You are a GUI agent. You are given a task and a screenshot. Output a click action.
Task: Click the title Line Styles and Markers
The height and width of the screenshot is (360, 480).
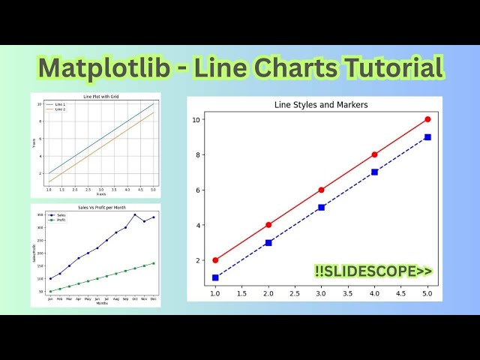[321, 105]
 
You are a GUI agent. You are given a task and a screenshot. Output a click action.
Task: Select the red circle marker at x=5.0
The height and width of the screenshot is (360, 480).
[427, 119]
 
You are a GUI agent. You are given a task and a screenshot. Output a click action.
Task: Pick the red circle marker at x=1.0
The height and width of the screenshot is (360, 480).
[215, 260]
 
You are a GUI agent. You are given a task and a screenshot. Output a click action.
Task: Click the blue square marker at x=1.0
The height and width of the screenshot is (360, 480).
[215, 277]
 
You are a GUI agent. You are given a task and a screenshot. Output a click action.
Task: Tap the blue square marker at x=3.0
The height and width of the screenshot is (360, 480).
[321, 207]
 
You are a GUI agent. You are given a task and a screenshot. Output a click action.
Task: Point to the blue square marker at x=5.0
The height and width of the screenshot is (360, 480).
[427, 137]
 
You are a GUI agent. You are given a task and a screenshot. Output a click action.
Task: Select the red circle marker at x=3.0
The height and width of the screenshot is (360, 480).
[321, 190]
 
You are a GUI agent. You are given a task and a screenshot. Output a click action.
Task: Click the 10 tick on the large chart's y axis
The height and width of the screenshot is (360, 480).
[196, 119]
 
